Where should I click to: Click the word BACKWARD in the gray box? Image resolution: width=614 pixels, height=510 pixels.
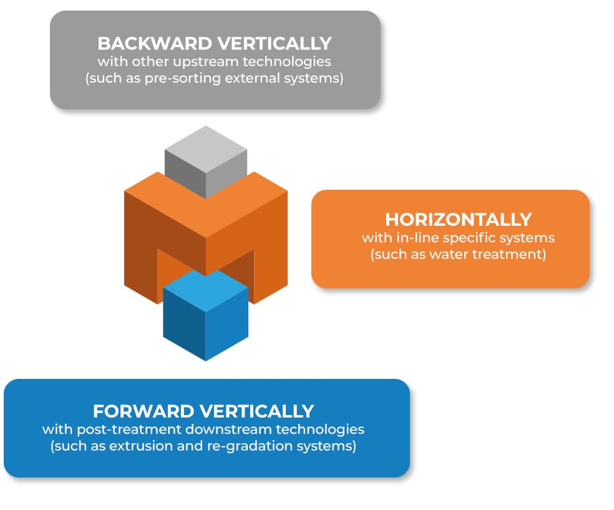click(155, 44)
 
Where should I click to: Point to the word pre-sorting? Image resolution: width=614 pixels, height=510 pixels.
click(183, 78)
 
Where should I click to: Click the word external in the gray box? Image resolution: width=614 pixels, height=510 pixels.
click(252, 78)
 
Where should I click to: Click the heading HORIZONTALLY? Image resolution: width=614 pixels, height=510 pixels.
click(459, 220)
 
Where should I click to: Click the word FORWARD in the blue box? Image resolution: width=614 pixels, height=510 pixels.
click(144, 411)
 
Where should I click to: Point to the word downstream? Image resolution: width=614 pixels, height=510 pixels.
click(228, 429)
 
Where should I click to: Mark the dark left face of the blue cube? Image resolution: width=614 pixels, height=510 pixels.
click(184, 324)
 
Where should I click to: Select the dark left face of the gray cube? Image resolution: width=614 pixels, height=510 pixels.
click(185, 173)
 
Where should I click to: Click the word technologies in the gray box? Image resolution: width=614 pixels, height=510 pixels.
click(287, 62)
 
